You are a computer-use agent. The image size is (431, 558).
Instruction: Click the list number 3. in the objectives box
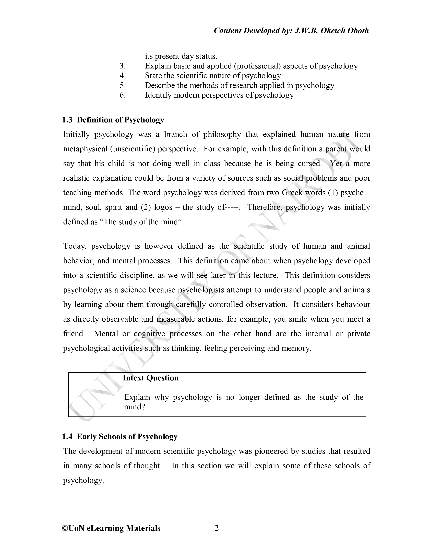pyautogui.click(x=123, y=66)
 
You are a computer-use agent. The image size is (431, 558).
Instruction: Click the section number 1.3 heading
pyautogui.click(x=67, y=120)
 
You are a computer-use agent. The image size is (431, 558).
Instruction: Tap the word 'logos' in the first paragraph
pyautogui.click(x=163, y=207)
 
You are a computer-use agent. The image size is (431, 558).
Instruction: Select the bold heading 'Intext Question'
pyautogui.click(x=150, y=378)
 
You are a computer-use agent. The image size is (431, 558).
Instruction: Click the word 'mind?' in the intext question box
pyautogui.click(x=134, y=407)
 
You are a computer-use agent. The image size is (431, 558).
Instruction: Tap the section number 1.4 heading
pyautogui.click(x=67, y=437)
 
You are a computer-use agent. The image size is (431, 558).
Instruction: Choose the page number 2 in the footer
pyautogui.click(x=217, y=528)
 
